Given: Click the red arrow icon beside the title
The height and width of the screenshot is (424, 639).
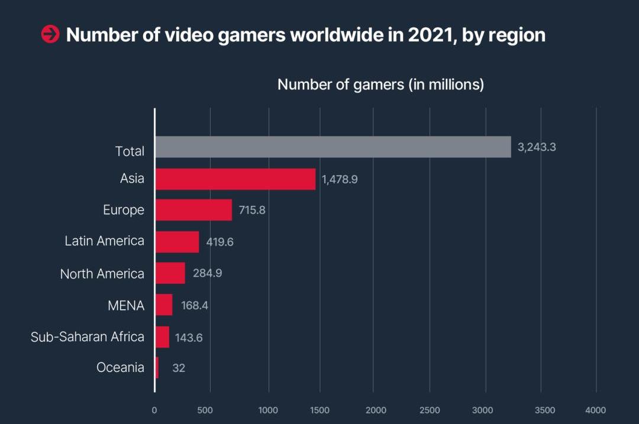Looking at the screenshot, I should pyautogui.click(x=50, y=35).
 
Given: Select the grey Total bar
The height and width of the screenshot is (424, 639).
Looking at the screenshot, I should pyautogui.click(x=333, y=147).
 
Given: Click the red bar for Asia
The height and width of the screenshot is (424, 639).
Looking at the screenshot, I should pyautogui.click(x=235, y=179).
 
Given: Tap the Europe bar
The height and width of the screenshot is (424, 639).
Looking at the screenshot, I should pyautogui.click(x=193, y=210).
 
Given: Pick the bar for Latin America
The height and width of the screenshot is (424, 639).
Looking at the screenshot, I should pyautogui.click(x=177, y=241).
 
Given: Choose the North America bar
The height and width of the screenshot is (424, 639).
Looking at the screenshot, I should pyautogui.click(x=170, y=273).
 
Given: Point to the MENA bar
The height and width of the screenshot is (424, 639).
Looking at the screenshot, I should pyautogui.click(x=163, y=305).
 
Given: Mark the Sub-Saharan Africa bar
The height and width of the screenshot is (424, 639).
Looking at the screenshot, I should pyautogui.click(x=162, y=337).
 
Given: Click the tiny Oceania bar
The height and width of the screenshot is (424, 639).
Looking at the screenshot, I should pyautogui.click(x=157, y=368).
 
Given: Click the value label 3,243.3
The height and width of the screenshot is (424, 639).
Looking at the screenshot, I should pyautogui.click(x=537, y=147).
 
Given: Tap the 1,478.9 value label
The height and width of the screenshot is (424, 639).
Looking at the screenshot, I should pyautogui.click(x=340, y=179).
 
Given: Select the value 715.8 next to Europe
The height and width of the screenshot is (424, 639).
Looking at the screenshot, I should pyautogui.click(x=252, y=210).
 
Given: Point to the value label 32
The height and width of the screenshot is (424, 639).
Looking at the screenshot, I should pyautogui.click(x=179, y=368).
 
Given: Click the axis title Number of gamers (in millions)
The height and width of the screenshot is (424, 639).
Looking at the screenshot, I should pyautogui.click(x=380, y=85).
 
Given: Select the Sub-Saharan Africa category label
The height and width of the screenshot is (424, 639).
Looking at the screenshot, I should pyautogui.click(x=88, y=337).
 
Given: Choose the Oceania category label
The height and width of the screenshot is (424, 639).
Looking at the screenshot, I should pyautogui.click(x=120, y=368).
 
